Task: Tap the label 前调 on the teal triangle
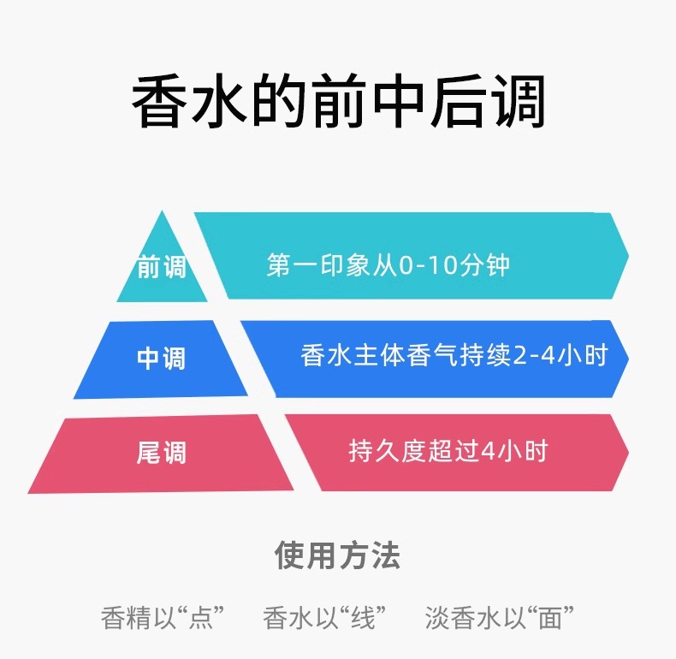point(162,268)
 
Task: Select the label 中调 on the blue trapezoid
point(161,358)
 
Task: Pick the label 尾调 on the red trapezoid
point(161,452)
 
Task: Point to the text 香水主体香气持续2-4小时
point(454,355)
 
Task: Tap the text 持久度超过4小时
point(448,450)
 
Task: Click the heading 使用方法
point(337,555)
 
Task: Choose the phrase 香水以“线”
point(324,617)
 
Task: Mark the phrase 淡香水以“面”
point(499,617)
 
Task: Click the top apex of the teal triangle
point(162,213)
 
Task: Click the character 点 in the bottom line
point(198,617)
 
